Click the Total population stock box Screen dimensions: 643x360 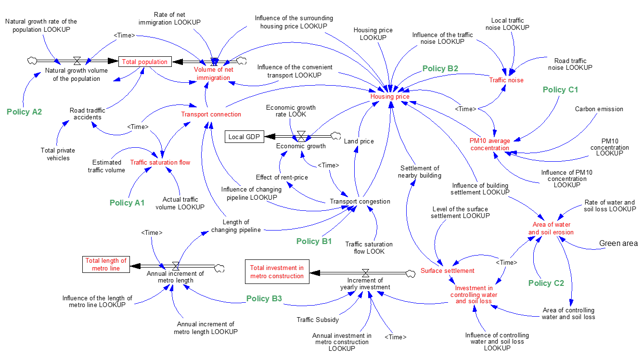[x=145, y=62]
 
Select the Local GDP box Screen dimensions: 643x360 [x=244, y=137]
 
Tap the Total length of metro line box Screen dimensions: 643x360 [x=106, y=264]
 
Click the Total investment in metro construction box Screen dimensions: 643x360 [x=277, y=271]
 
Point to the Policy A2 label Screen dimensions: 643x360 [x=25, y=112]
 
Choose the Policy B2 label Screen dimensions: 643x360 [x=440, y=68]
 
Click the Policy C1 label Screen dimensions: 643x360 [x=560, y=90]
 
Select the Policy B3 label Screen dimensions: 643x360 [x=264, y=298]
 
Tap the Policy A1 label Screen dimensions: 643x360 [x=127, y=203]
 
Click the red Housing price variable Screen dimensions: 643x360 [x=390, y=96]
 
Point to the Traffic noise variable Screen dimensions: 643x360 [x=506, y=80]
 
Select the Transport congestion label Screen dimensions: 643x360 [x=360, y=202]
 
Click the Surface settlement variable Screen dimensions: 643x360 [x=448, y=270]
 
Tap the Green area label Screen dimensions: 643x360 [x=618, y=244]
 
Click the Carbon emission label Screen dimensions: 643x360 [x=599, y=109]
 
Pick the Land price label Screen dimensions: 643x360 [x=359, y=141]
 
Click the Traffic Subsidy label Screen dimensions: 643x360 [x=318, y=320]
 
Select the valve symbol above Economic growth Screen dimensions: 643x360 [x=301, y=136]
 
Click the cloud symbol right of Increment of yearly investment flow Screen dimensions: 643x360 [x=411, y=273]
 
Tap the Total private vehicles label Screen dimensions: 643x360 [x=58, y=154]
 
